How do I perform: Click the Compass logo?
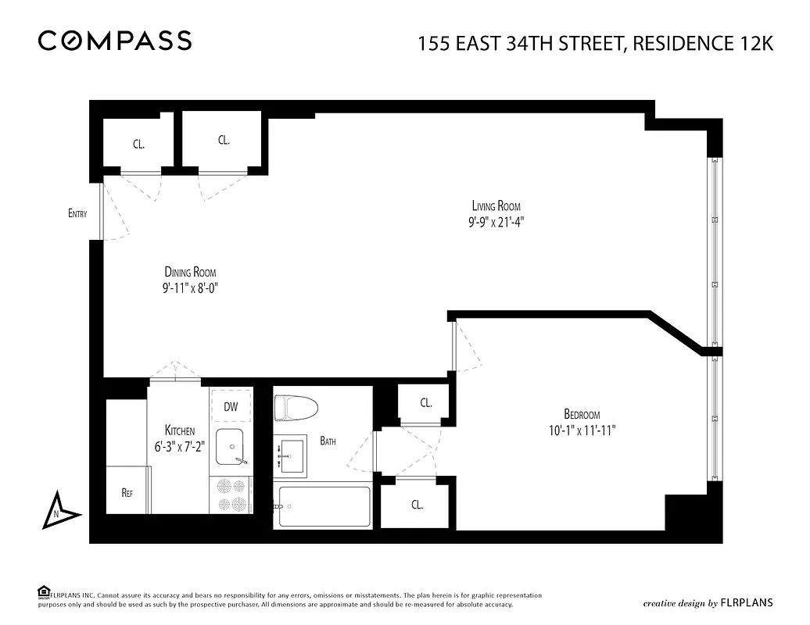click(115, 41)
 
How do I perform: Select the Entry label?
click(77, 213)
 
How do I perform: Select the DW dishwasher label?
click(231, 406)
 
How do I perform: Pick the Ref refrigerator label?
click(127, 493)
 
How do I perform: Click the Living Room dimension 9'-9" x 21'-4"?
click(496, 220)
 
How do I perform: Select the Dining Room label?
click(190, 272)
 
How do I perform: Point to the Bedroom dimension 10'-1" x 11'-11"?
click(582, 429)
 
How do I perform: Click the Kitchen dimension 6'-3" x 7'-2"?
click(180, 445)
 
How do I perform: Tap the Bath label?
click(328, 441)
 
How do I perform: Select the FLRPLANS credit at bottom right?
click(747, 602)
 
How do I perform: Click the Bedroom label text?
click(582, 414)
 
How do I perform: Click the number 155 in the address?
click(435, 44)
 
